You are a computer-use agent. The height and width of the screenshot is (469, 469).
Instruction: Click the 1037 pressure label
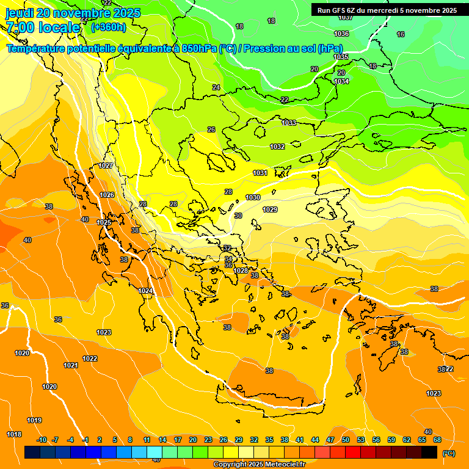[345, 18]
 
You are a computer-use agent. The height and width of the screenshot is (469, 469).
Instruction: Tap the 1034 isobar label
[341, 81]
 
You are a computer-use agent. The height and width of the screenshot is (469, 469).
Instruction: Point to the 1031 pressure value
[260, 173]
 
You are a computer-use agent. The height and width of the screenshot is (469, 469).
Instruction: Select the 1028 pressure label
[241, 271]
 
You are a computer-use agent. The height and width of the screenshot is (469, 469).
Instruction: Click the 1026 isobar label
[107, 195]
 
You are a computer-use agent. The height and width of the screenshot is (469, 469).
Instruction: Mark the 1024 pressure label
[145, 291]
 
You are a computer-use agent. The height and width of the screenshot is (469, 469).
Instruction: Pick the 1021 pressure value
[71, 365]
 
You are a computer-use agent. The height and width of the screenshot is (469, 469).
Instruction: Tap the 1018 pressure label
[14, 434]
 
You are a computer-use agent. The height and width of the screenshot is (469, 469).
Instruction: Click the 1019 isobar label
[34, 420]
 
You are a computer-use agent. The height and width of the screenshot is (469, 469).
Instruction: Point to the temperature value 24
[216, 87]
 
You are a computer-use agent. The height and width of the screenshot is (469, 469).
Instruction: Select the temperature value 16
[401, 34]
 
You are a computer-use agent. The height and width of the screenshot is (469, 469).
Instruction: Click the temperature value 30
[238, 216]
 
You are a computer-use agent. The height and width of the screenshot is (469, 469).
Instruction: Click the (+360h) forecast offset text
[108, 27]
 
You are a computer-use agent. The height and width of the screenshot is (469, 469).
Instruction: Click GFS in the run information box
[333, 10]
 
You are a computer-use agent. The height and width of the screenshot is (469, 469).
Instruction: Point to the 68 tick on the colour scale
[437, 440]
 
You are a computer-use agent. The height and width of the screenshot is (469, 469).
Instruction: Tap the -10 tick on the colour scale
[42, 440]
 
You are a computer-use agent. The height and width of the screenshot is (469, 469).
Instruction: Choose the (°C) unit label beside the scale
[448, 453]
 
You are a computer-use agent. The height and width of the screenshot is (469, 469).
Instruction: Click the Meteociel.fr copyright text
[260, 465]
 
